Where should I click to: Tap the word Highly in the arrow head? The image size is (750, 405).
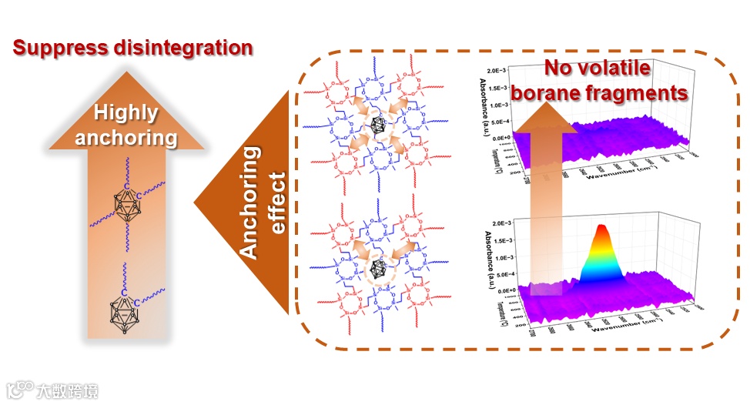(126, 113)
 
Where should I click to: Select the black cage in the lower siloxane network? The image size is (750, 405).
(380, 269)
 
